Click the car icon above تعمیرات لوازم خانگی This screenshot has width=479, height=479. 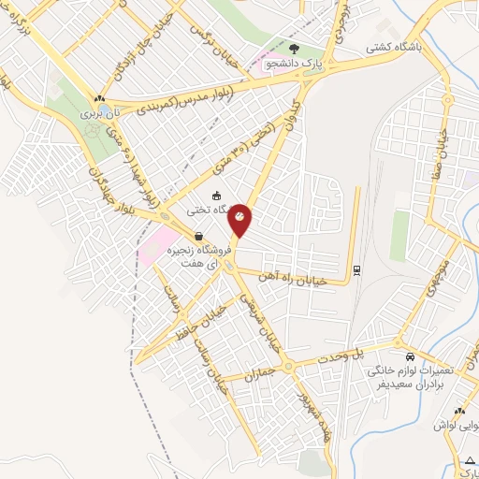pyautogui.click(x=410, y=356)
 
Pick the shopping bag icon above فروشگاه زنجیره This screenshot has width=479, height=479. pyautogui.click(x=197, y=236)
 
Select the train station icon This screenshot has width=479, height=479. pyautogui.click(x=356, y=271)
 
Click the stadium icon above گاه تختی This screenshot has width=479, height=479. pyautogui.click(x=217, y=196)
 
